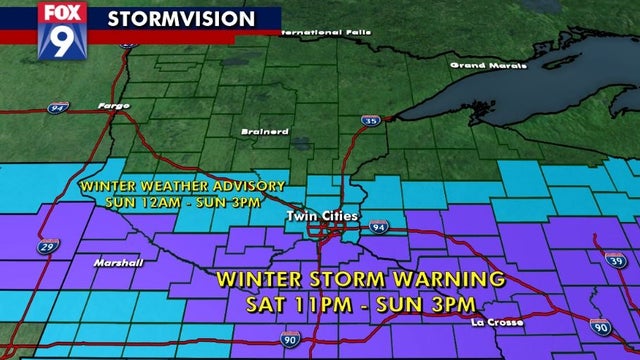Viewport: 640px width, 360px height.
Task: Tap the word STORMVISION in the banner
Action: coord(179,19)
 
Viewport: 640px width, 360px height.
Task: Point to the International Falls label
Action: coord(326,33)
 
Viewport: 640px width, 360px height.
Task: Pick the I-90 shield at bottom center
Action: coord(289,340)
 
